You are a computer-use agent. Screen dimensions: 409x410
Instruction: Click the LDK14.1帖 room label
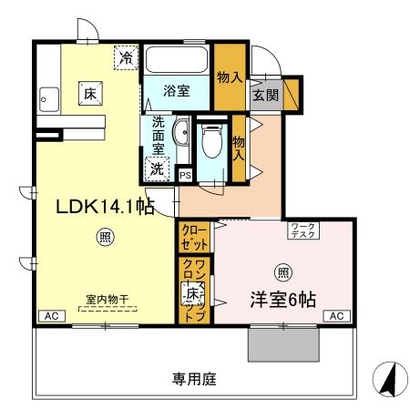(x=104, y=207)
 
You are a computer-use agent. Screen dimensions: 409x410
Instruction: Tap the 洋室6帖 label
(x=283, y=298)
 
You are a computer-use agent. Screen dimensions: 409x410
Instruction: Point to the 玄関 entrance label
(x=266, y=94)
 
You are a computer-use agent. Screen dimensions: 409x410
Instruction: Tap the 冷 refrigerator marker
(x=127, y=58)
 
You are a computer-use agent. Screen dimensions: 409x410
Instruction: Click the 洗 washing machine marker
(x=158, y=168)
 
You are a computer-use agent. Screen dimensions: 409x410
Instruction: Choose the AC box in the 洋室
(x=334, y=316)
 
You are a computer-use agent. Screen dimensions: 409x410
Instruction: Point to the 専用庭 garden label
(x=196, y=378)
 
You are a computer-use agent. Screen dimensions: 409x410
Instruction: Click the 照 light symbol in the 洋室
(x=283, y=271)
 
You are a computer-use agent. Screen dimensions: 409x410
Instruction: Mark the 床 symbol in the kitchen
(x=90, y=93)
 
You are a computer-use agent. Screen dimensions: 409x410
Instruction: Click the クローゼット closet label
(x=193, y=238)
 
